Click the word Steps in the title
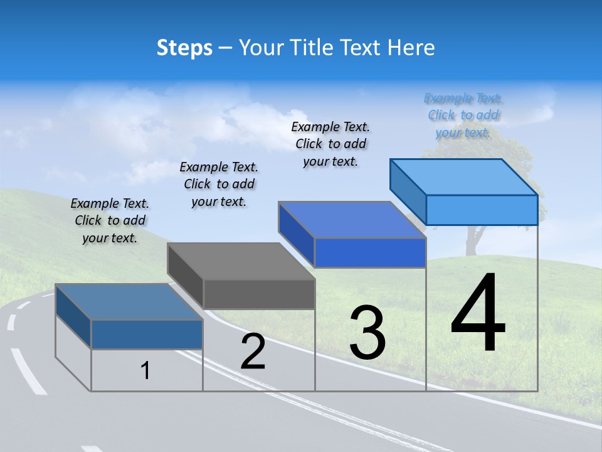tap(184, 48)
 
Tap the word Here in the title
tap(410, 48)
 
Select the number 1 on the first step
tap(145, 370)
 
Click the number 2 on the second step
tap(253, 352)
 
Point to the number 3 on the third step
tap(367, 333)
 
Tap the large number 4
tap(478, 314)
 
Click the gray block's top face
tap(241, 261)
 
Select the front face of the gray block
tap(259, 294)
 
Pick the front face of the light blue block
tap(482, 210)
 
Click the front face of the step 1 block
tap(147, 334)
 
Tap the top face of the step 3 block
tap(352, 220)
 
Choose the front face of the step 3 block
tap(370, 252)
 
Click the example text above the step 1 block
tap(110, 220)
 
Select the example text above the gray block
tap(219, 184)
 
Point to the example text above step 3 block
tap(330, 144)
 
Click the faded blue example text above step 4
tap(463, 115)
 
